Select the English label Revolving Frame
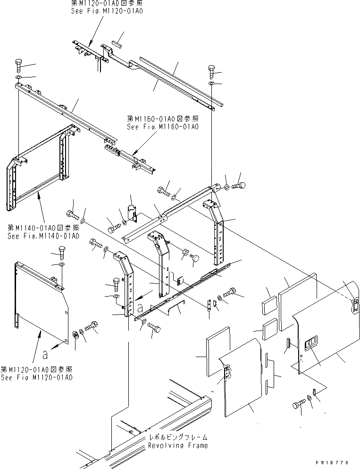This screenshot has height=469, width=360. click(177, 445)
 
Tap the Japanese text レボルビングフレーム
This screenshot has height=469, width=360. click(177, 438)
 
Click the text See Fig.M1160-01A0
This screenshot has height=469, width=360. click(163, 127)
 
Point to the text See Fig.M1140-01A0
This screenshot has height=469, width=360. click(43, 236)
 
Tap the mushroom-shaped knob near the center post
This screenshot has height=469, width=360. click(195, 257)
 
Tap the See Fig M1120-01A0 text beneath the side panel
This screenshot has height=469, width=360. click(37, 378)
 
